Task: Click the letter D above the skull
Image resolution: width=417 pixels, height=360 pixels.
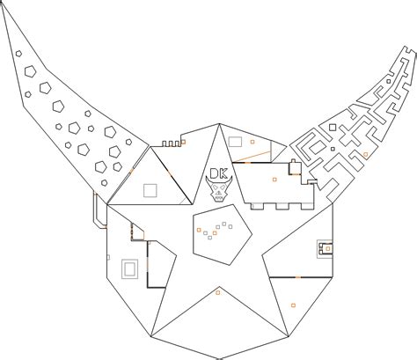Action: click(x=214, y=173)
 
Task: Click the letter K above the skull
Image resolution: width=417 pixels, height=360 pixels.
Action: click(x=223, y=173)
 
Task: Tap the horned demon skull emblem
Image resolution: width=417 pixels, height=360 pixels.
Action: click(x=219, y=189)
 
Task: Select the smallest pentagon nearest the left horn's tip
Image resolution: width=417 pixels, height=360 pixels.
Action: click(x=18, y=54)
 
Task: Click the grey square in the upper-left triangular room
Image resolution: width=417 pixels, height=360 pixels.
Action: click(x=150, y=190)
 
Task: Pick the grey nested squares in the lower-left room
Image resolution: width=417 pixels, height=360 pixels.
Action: click(x=129, y=268)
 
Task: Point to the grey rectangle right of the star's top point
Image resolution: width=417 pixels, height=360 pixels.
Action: click(x=235, y=142)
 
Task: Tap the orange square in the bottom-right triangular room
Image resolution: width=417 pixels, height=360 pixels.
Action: click(x=293, y=305)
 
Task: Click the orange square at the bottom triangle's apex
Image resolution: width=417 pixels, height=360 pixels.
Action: click(x=217, y=292)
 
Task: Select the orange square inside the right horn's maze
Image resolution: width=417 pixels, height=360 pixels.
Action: click(x=365, y=154)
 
